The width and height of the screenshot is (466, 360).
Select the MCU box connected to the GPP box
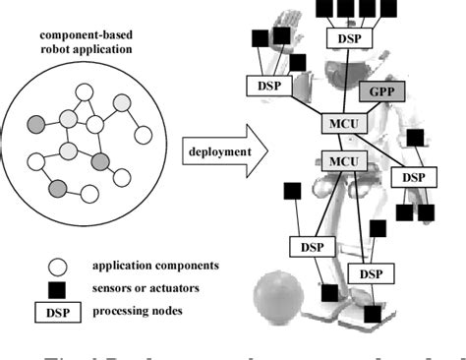click(338, 125)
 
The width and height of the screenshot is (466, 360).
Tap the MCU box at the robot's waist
click(340, 160)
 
